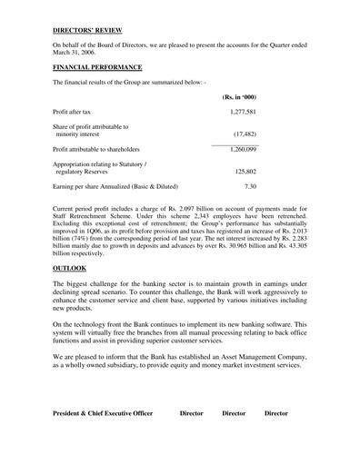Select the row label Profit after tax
pos(77,110)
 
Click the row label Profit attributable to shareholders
pos(108,148)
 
